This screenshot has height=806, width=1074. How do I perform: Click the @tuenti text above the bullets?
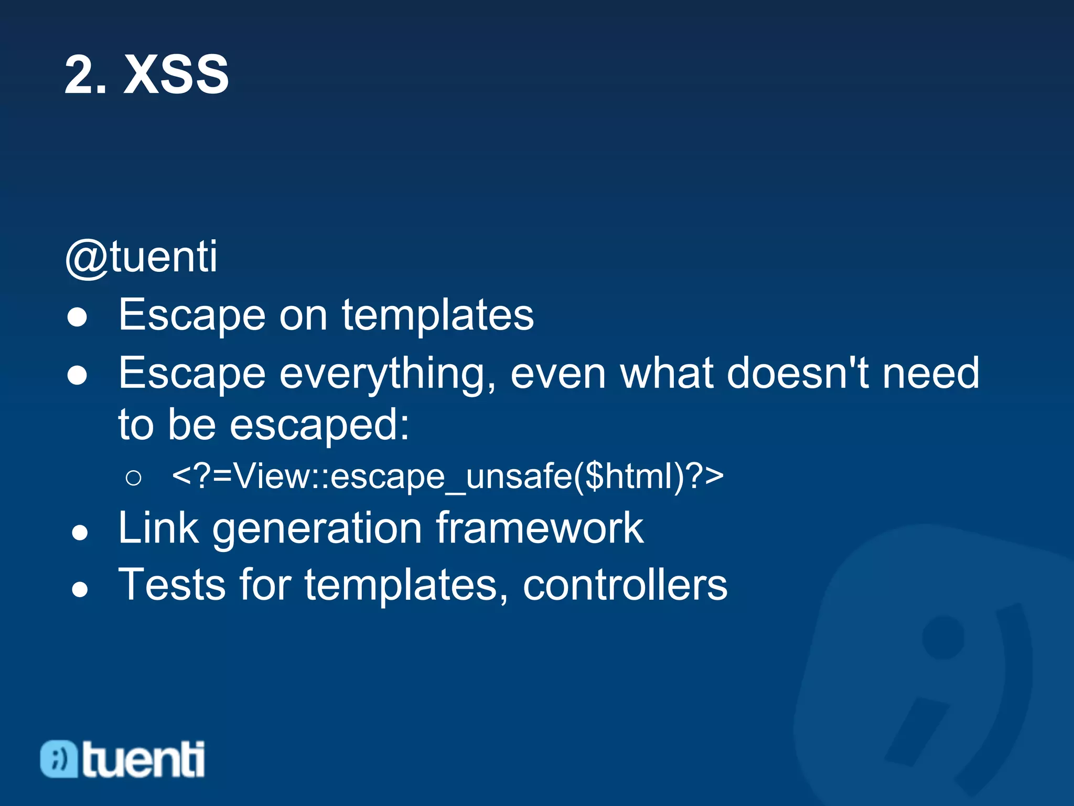[142, 257]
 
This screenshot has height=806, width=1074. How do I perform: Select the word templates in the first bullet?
[438, 316]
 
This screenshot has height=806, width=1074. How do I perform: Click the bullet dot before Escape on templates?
[78, 317]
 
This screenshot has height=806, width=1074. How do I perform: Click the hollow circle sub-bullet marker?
[134, 478]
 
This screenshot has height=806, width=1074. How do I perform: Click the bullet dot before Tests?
[80, 589]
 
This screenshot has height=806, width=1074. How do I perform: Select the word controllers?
[625, 585]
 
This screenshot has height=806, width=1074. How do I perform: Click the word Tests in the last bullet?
[172, 585]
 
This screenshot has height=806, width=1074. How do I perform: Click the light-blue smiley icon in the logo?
[59, 759]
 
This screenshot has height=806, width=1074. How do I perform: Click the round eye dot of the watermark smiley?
[943, 637]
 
